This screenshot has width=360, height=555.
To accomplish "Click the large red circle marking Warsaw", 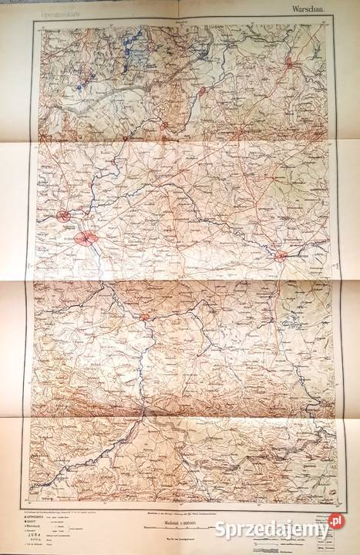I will [89, 237].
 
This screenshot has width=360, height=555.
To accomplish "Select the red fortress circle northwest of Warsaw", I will [68, 217].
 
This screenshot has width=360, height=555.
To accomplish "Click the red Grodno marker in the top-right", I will [288, 64].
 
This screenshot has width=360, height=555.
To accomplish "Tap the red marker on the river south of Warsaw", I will [144, 315].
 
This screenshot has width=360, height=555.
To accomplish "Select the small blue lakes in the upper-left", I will [82, 82].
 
